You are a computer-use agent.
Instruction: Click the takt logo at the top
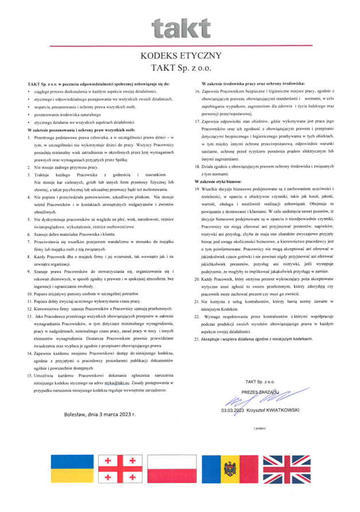180,26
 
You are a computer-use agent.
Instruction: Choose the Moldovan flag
231,469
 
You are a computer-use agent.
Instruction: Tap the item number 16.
198,91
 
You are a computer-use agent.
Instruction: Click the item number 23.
198,323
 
